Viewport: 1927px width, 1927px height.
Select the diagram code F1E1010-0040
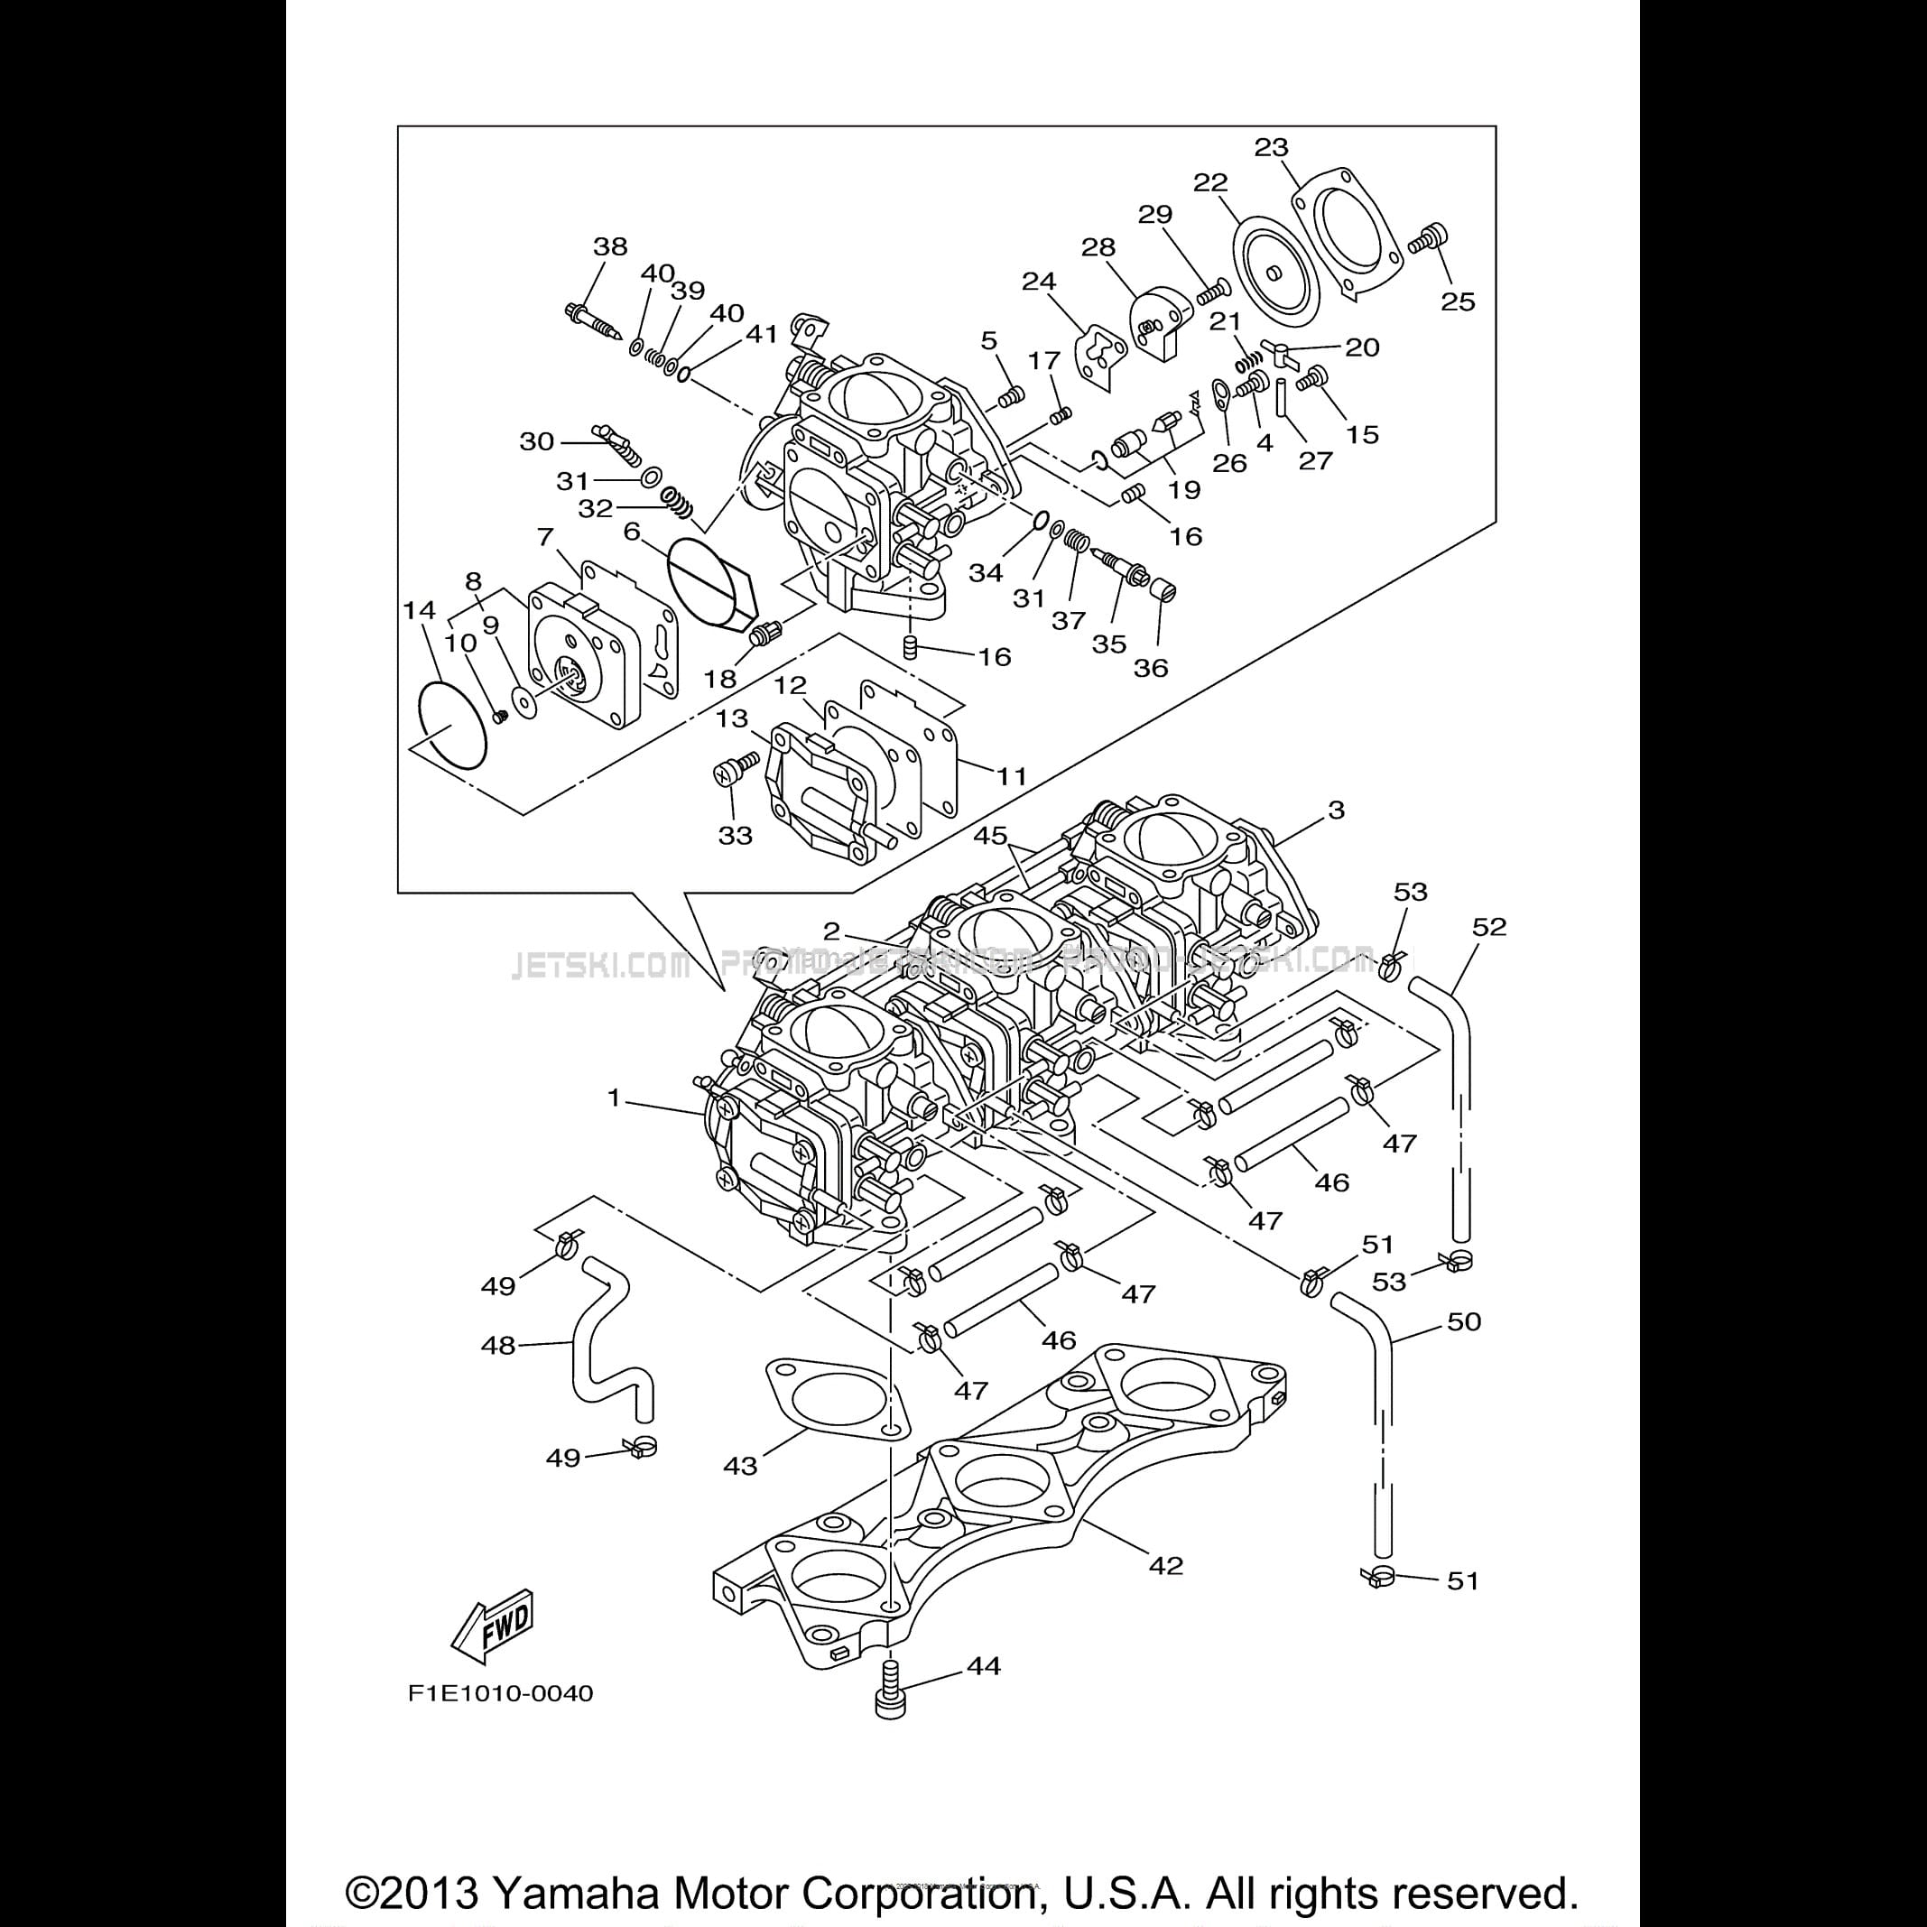pyautogui.click(x=500, y=1692)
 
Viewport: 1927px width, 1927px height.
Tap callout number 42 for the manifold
pyautogui.click(x=1165, y=1565)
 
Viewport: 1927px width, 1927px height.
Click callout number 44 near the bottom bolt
pyautogui.click(x=984, y=1664)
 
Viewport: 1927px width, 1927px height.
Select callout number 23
pyautogui.click(x=1272, y=148)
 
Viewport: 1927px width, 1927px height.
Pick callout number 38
pyautogui.click(x=610, y=246)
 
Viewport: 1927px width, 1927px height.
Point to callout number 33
pyautogui.click(x=735, y=835)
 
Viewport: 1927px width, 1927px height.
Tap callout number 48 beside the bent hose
pyautogui.click(x=499, y=1346)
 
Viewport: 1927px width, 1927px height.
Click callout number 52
pyautogui.click(x=1489, y=927)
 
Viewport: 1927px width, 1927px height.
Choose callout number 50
pyautogui.click(x=1464, y=1321)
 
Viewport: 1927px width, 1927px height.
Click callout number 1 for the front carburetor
pyautogui.click(x=615, y=1098)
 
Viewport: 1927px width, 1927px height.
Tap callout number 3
pyautogui.click(x=1337, y=809)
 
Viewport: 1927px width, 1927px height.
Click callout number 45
pyautogui.click(x=989, y=835)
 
